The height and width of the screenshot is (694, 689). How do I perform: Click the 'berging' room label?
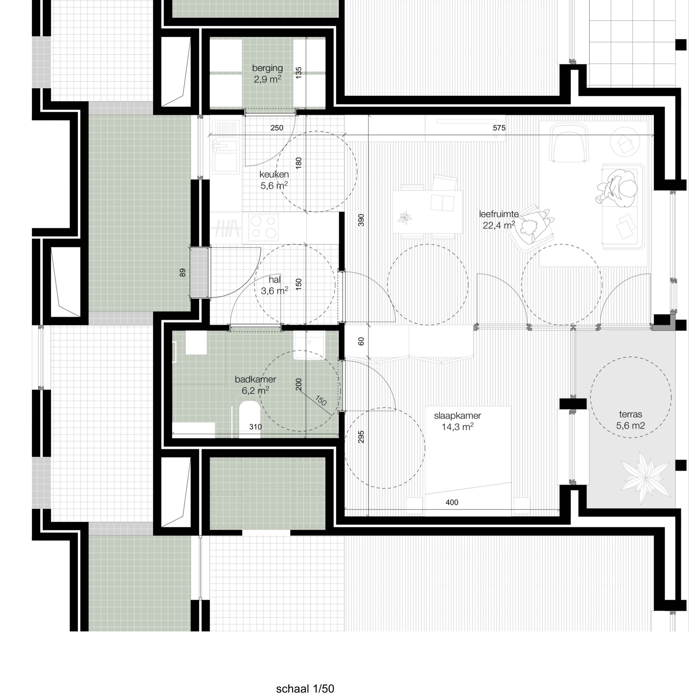click(267, 68)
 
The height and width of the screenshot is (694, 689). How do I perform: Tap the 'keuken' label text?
click(274, 175)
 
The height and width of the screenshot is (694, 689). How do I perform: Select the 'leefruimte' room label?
click(499, 214)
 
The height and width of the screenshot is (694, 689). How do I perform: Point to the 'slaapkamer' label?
click(457, 416)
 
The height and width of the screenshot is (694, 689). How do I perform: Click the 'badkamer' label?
click(255, 379)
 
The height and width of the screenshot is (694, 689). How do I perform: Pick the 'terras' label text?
click(630, 414)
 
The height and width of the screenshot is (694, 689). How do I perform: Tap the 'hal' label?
click(274, 279)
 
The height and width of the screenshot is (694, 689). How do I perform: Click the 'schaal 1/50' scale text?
click(305, 688)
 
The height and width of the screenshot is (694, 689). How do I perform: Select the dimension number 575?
click(499, 128)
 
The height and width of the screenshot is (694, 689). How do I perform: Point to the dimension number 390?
click(361, 220)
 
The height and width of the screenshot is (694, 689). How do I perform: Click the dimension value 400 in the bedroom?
click(452, 502)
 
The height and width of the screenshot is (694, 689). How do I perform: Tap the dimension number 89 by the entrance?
click(183, 273)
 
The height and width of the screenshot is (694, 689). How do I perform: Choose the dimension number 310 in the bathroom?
click(255, 427)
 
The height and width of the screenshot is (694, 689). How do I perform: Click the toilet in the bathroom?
click(250, 418)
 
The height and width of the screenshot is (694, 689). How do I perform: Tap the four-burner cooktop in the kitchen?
click(264, 227)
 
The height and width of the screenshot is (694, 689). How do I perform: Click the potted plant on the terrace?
click(645, 478)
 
